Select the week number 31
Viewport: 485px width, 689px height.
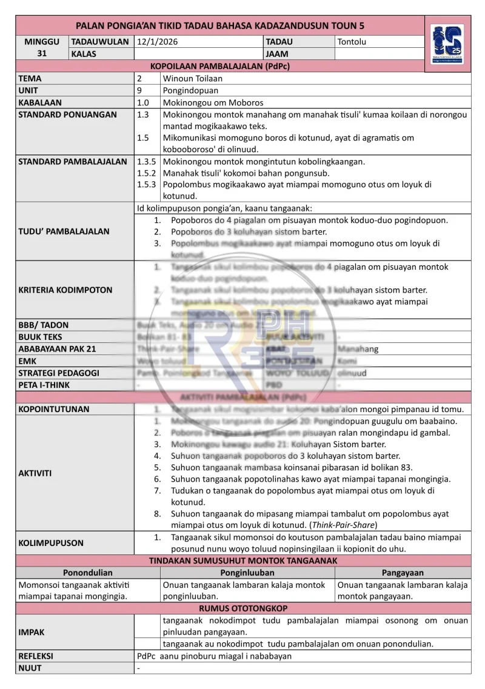42,53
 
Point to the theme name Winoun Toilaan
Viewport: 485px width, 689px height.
192,78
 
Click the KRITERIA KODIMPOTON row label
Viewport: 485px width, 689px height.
65,290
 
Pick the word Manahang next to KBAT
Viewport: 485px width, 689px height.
358,349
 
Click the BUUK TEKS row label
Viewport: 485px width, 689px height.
40,337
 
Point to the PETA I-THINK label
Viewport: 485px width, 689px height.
44,385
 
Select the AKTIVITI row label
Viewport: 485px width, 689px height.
35,473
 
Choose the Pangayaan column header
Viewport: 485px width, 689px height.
403,573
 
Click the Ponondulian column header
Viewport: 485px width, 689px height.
87,573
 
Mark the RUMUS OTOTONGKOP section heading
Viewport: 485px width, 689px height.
243,608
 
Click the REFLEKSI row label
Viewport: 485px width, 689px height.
36,656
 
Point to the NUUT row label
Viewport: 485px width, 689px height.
30,668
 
